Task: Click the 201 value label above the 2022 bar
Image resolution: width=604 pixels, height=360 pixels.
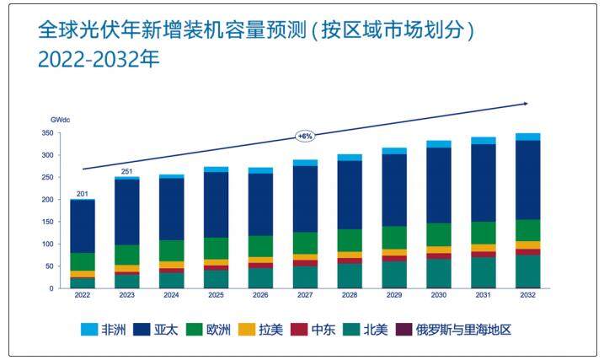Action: pos(82,194)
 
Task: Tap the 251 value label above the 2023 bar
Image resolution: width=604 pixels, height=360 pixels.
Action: pos(126,172)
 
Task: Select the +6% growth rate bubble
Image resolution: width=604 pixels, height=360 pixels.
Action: pos(304,136)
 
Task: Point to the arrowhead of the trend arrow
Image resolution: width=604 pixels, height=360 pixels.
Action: pos(525,103)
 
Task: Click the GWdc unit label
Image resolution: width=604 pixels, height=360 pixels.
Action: pos(60,121)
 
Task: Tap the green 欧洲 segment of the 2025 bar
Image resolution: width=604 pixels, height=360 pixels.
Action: pos(216,249)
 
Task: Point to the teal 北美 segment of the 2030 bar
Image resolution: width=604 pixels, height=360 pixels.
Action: pos(438,274)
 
